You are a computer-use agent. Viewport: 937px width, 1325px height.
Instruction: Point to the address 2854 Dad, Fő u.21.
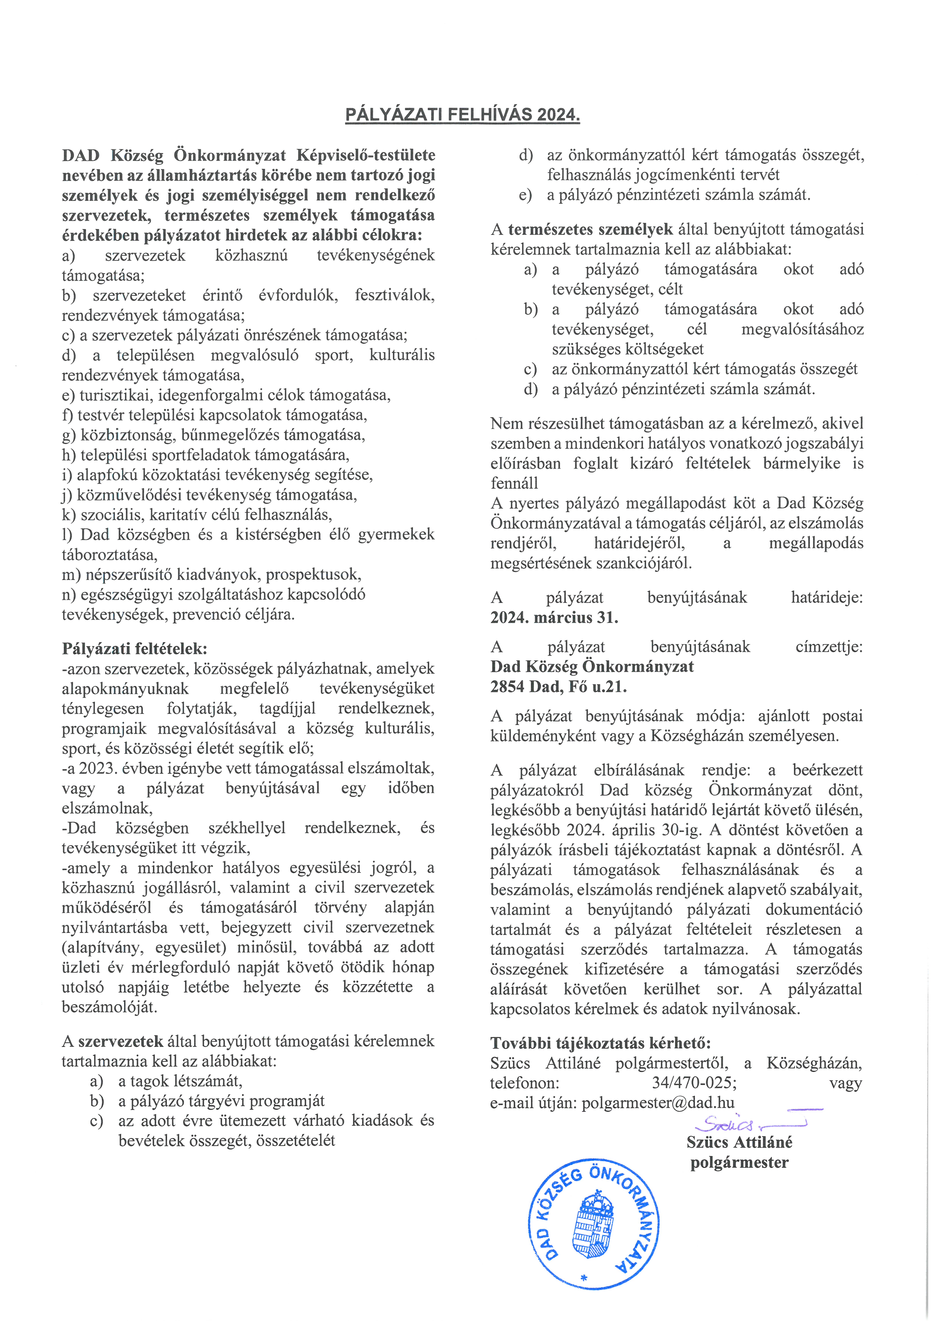click(558, 687)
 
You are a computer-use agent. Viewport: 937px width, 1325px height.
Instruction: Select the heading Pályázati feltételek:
click(135, 649)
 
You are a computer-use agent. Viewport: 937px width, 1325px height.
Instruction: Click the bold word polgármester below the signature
click(739, 1162)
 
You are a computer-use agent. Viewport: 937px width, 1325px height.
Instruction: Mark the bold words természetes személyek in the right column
click(590, 230)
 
